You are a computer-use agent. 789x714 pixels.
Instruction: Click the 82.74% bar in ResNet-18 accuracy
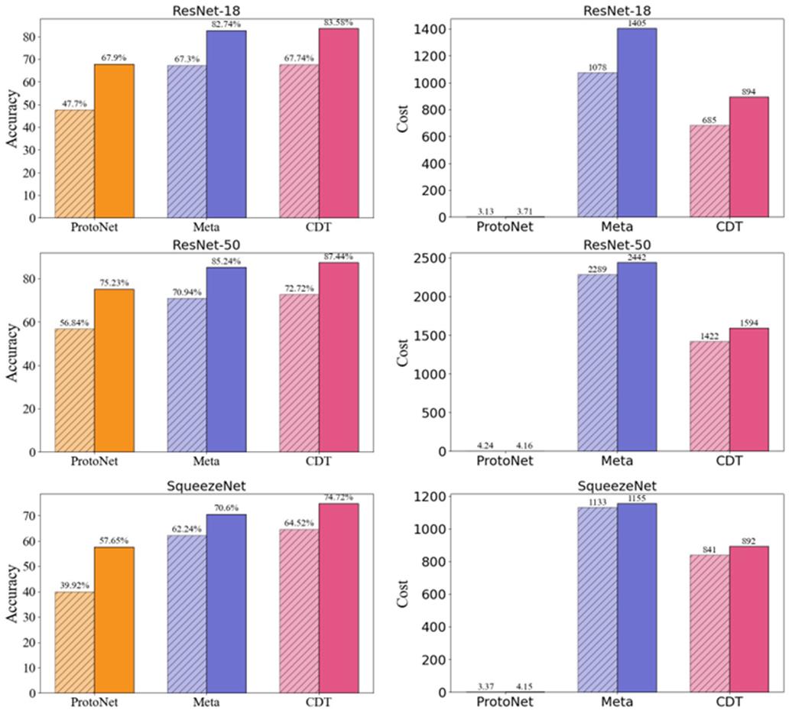226,124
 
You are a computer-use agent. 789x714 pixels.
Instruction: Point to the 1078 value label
596,67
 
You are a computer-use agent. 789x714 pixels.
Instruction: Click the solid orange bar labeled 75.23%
114,370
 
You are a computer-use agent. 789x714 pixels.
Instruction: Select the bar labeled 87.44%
339,356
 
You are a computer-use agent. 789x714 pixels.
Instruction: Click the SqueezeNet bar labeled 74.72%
339,598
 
